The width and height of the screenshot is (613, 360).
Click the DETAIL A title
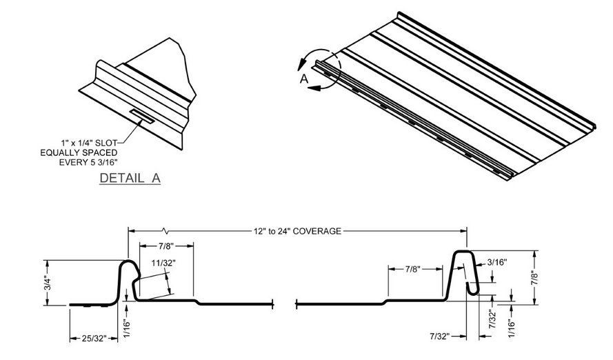[x=130, y=178]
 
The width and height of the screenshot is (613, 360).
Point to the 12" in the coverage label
[x=257, y=230]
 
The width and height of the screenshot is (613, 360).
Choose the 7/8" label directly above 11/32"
[x=165, y=247]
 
